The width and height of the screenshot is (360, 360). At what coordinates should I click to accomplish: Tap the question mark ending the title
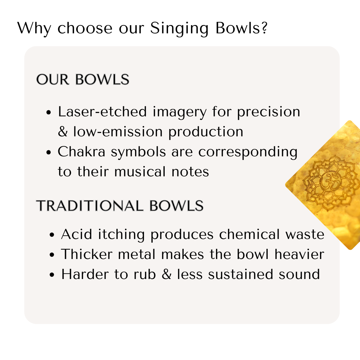click(263, 28)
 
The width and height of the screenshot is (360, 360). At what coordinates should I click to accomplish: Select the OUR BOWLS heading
click(83, 80)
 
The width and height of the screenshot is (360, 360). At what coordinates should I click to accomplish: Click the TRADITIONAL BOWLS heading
click(120, 206)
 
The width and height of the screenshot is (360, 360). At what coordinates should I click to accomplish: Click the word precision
click(268, 112)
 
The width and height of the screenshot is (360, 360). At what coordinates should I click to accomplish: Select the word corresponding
click(248, 152)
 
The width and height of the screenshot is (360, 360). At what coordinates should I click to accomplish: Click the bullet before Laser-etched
click(49, 113)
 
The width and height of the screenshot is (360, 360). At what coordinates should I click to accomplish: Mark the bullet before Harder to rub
click(52, 275)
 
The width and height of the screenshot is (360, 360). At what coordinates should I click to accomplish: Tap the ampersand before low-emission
click(63, 132)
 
